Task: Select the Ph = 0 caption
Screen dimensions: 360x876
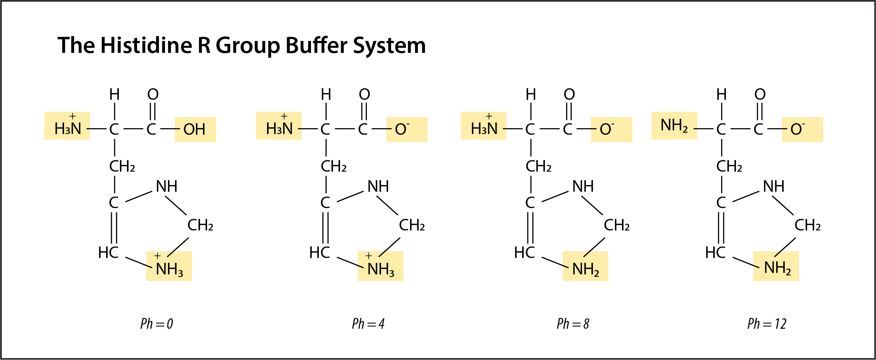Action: pyautogui.click(x=156, y=324)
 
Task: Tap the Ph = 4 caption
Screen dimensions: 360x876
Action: pyautogui.click(x=368, y=324)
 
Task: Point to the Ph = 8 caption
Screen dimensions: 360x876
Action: pyautogui.click(x=573, y=324)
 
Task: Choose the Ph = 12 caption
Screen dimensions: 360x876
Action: pyautogui.click(x=766, y=324)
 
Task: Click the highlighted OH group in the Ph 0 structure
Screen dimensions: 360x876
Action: pyautogui.click(x=194, y=130)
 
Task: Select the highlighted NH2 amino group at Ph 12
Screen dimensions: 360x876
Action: pyautogui.click(x=674, y=126)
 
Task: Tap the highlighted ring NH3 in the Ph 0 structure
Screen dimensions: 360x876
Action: pyautogui.click(x=169, y=267)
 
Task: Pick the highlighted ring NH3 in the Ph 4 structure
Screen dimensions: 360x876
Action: pyautogui.click(x=380, y=267)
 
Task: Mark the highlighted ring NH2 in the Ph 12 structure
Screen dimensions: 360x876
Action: pyautogui.click(x=777, y=267)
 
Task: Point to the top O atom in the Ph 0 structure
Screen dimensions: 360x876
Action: pyautogui.click(x=153, y=94)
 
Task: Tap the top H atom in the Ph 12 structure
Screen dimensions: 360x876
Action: pyautogui.click(x=721, y=95)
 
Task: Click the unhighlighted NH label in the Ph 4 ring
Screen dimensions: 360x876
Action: pyautogui.click(x=378, y=186)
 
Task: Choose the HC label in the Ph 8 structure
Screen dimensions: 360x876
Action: pyautogui.click(x=524, y=253)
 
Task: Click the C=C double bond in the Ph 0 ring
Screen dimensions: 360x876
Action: pyautogui.click(x=114, y=228)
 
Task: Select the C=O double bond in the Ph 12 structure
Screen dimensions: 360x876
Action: pyautogui.click(x=760, y=111)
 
